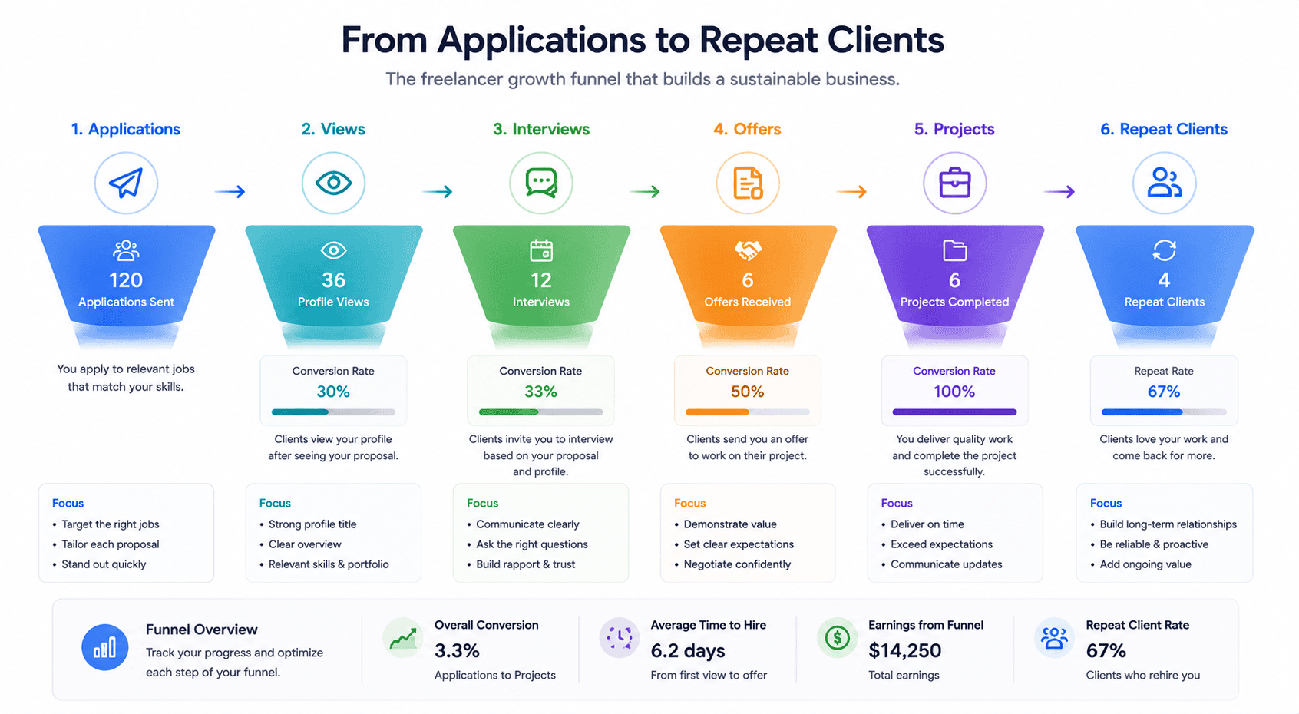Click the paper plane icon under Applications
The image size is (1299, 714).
point(126,183)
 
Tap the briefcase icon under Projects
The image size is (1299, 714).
point(954,183)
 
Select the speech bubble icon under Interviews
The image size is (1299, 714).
point(541,183)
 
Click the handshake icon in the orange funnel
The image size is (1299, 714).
point(748,250)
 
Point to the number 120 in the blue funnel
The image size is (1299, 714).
point(126,280)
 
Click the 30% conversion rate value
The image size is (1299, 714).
point(333,392)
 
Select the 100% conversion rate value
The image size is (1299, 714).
point(954,392)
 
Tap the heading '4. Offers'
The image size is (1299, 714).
point(747,129)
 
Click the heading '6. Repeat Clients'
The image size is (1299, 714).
point(1164,129)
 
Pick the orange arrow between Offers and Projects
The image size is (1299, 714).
point(851,191)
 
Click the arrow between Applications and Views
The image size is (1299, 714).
point(230,191)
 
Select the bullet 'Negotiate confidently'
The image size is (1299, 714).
point(737,564)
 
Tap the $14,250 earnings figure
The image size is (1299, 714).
point(904,651)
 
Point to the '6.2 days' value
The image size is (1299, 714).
point(688,651)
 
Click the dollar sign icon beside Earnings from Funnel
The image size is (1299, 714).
point(837,638)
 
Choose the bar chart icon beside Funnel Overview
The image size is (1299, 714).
point(105,647)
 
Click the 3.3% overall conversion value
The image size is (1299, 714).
point(457,651)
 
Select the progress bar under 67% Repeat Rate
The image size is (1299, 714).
point(1164,412)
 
